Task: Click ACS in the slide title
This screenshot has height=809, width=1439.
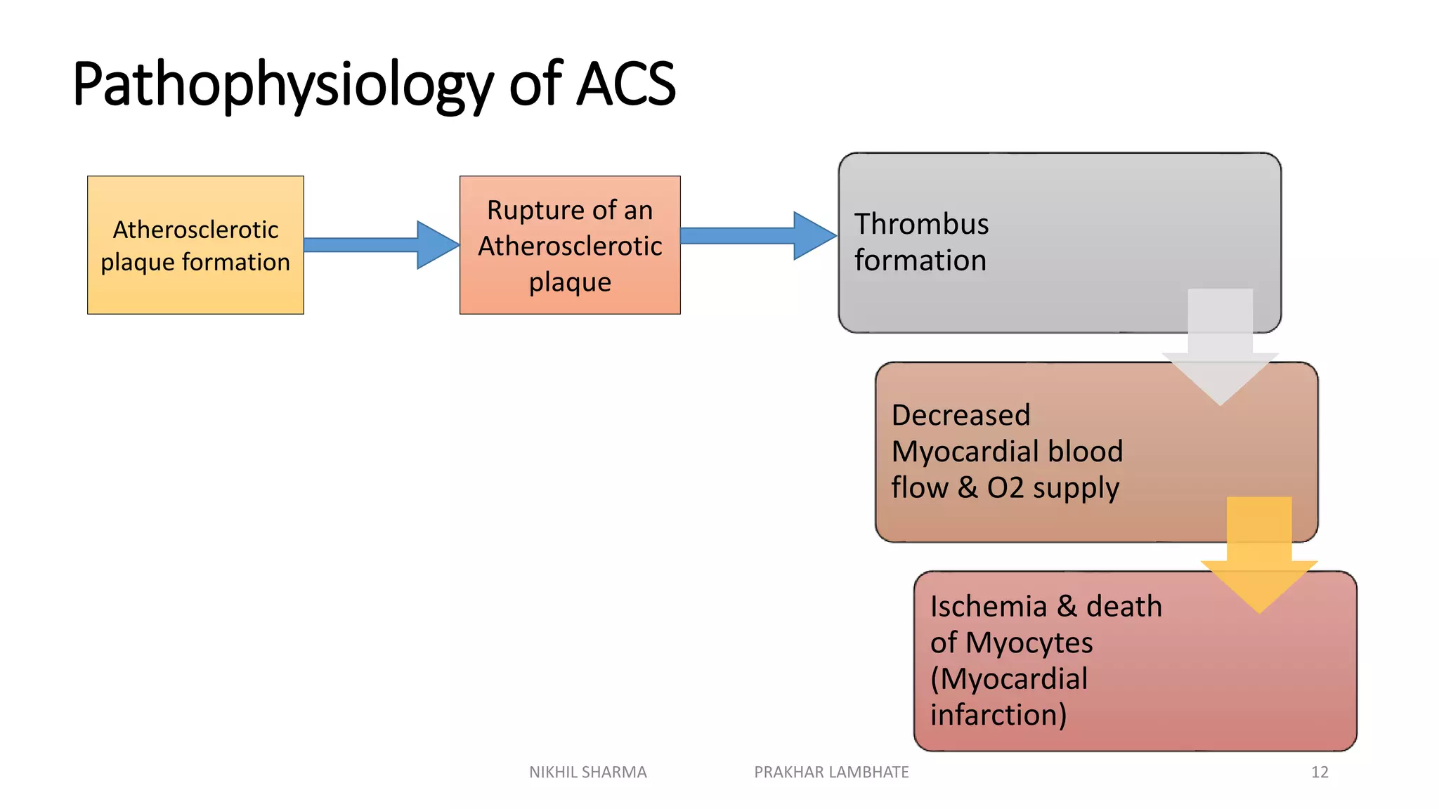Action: point(625,84)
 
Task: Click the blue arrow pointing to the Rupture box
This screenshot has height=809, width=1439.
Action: point(379,244)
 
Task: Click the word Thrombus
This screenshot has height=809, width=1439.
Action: point(921,224)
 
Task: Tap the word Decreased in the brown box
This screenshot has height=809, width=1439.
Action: point(961,415)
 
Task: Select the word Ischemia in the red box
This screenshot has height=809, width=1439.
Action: point(988,607)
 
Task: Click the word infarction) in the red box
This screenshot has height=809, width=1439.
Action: point(998,715)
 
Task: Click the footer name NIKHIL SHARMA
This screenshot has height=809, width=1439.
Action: point(587,772)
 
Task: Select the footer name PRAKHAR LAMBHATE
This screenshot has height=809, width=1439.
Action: point(831,772)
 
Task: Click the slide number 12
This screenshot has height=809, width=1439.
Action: point(1320,772)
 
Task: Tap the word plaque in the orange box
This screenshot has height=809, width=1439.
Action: point(570,282)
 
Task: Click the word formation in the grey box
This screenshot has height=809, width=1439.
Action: point(920,261)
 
